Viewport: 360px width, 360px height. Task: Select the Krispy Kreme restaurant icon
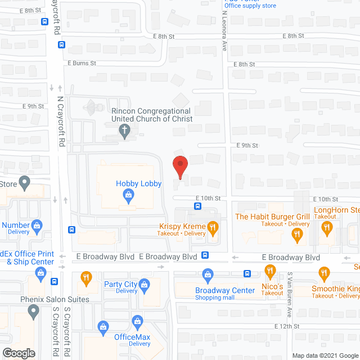pos(213,228)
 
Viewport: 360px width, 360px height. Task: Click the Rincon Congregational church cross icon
pos(125,132)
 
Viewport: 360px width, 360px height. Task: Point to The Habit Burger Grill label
pos(273,217)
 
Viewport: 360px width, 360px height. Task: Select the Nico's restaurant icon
pos(271,272)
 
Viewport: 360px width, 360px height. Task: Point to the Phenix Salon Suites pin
pos(33,310)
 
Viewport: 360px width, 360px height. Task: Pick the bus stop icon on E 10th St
pos(197,206)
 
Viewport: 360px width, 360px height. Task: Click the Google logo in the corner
pos(18,353)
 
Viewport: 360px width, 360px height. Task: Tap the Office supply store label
pos(250,6)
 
